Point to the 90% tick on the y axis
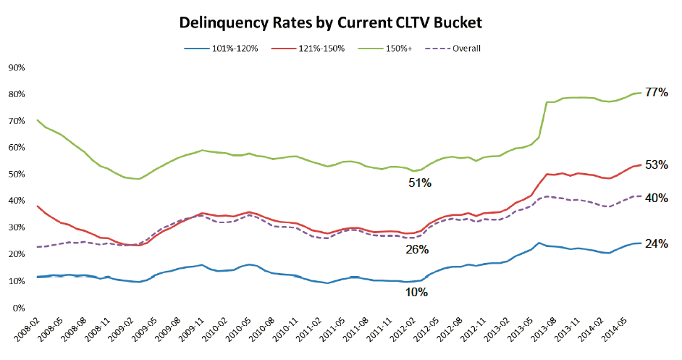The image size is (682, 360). (16, 67)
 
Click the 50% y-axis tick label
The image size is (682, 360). (16, 175)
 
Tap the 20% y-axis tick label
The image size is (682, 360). (16, 254)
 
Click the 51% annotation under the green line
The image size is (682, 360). (419, 184)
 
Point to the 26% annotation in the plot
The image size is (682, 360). (417, 249)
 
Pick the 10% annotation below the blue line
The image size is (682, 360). (417, 293)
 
